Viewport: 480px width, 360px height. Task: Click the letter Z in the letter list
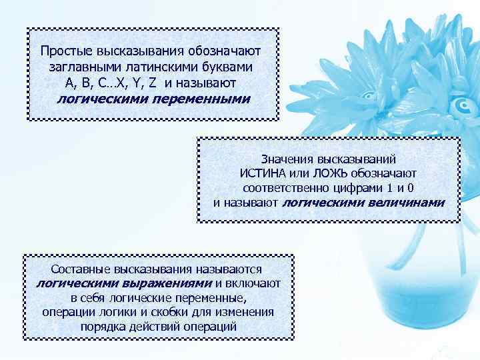[x=153, y=83]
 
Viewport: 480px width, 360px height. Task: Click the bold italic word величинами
[x=405, y=202]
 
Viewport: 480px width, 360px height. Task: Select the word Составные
[x=81, y=269]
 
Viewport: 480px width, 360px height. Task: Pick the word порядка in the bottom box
[x=101, y=327]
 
